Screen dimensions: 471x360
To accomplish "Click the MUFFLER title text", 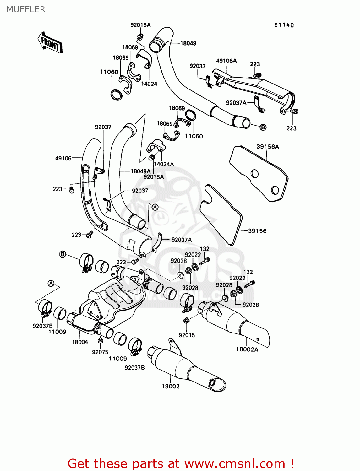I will (26, 9).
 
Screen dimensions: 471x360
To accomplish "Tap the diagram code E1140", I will (284, 25).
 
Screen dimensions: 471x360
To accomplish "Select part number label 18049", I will (188, 43).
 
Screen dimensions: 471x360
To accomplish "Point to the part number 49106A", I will (226, 61).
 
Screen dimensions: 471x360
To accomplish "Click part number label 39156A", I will (268, 147).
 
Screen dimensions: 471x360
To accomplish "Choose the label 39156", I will (257, 231).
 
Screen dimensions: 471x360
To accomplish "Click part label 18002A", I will (247, 349).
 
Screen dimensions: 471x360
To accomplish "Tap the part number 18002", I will (171, 387).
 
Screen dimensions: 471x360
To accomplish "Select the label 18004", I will (80, 342).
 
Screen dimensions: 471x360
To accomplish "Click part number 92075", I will (100, 352).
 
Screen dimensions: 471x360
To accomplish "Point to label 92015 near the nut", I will (187, 335).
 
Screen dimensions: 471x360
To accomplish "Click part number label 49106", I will (63, 158).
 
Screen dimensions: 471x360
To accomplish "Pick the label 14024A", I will (164, 164).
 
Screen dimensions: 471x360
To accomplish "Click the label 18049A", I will (140, 171).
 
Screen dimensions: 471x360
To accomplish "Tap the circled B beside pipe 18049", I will (263, 127).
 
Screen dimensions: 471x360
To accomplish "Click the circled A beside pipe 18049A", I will (155, 207).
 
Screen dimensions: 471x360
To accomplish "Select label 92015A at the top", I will (140, 25).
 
